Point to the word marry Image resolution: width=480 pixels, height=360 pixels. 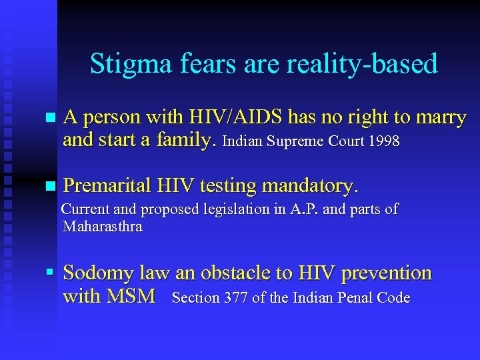pyautogui.click(x=441, y=118)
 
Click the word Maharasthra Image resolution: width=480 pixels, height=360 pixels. pyautogui.click(x=102, y=227)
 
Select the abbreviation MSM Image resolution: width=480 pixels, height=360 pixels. pyautogui.click(x=131, y=296)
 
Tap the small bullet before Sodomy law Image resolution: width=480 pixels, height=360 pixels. pyautogui.click(x=49, y=273)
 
